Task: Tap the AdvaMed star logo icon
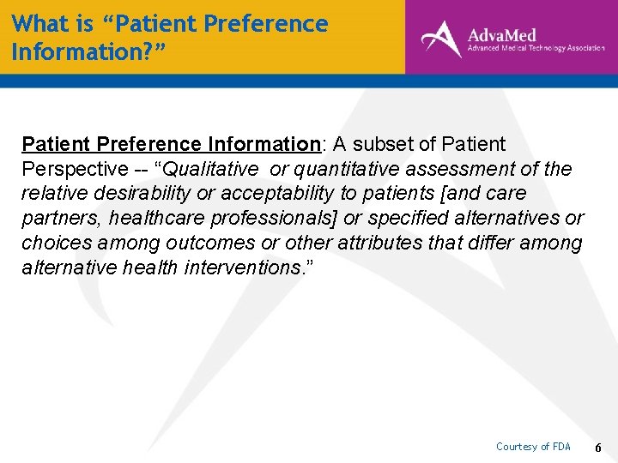point(441,39)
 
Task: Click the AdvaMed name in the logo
point(501,34)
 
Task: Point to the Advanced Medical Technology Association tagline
point(536,50)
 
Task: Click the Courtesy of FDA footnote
point(533,447)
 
